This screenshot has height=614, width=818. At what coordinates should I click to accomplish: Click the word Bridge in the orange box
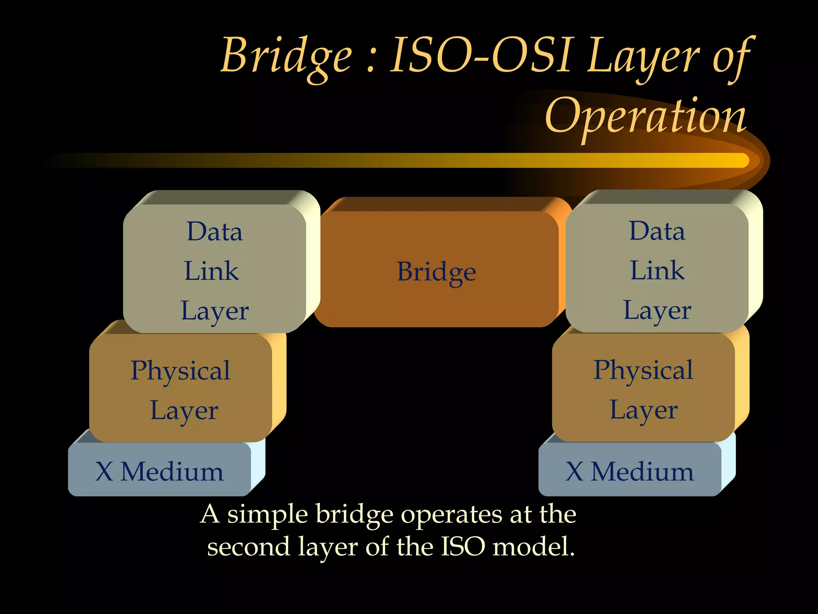(436, 272)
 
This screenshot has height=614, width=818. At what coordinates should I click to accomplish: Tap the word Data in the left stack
(214, 231)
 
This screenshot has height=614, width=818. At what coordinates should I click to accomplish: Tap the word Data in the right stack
(657, 231)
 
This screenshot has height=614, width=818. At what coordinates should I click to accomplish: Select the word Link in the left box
(211, 271)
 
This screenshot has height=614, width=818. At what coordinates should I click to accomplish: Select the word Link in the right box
(657, 271)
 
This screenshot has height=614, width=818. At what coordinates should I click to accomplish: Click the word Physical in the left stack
(181, 371)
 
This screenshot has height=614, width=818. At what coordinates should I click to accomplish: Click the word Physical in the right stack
(643, 370)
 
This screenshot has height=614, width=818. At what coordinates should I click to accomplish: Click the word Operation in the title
(645, 117)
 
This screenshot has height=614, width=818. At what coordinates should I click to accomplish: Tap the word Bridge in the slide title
(286, 56)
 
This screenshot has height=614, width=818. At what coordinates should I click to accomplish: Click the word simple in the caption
(267, 514)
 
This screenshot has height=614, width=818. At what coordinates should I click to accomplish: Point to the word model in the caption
(533, 547)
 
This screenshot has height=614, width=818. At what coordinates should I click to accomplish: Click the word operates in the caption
(451, 514)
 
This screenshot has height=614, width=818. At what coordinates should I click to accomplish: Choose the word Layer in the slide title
(643, 56)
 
